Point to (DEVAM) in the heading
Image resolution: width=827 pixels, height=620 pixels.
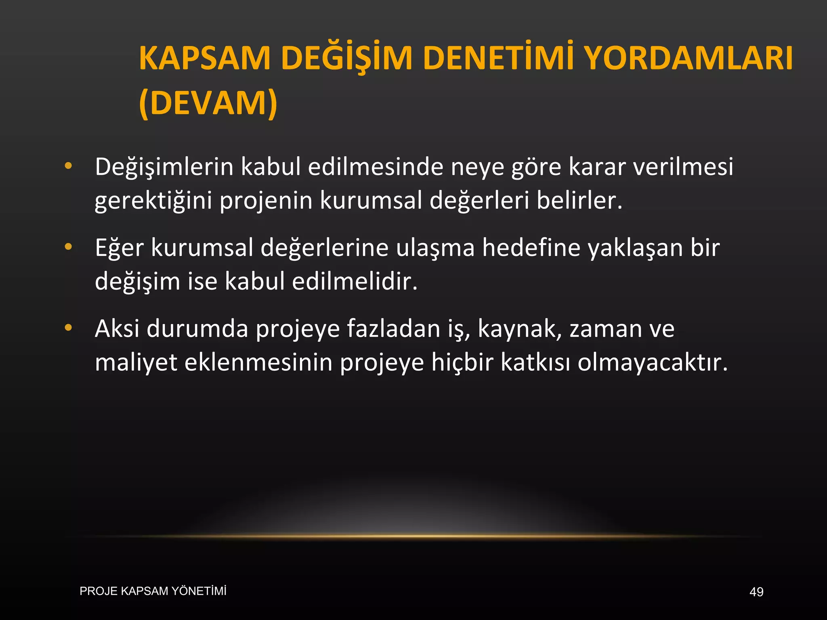208,103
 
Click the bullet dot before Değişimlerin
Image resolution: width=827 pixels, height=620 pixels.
68,165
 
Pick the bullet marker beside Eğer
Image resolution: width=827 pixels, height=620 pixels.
68,247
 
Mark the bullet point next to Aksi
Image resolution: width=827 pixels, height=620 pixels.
68,328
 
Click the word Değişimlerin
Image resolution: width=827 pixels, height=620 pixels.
164,167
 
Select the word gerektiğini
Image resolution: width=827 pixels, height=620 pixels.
153,201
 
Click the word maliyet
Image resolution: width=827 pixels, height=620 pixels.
136,363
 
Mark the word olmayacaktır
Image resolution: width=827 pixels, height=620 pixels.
653,363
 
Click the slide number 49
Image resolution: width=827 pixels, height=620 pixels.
756,592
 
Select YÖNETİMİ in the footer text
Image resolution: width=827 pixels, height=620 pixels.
199,591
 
